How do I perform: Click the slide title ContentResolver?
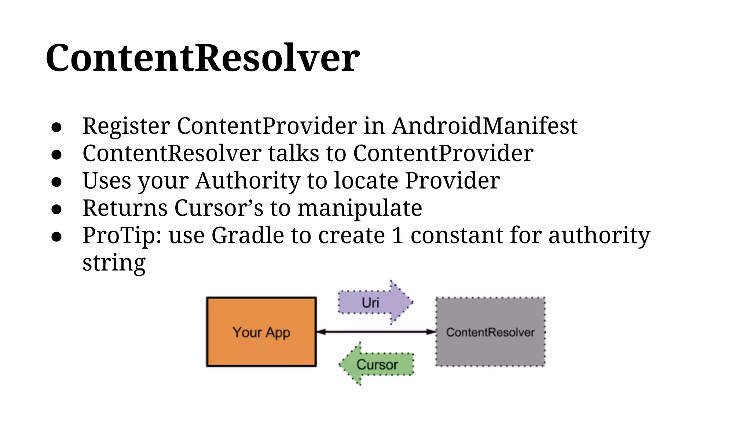click(202, 58)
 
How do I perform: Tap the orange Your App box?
click(261, 332)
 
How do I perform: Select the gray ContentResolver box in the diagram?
click(490, 332)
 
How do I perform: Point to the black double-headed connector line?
click(375, 332)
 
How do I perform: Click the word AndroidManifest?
click(484, 126)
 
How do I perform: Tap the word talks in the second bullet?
click(293, 153)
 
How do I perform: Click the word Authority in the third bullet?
click(248, 181)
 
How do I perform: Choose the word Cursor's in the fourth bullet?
click(219, 208)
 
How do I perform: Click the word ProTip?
click(122, 235)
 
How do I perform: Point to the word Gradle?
click(248, 235)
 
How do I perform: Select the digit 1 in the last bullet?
click(398, 235)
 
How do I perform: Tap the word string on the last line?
click(114, 263)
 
